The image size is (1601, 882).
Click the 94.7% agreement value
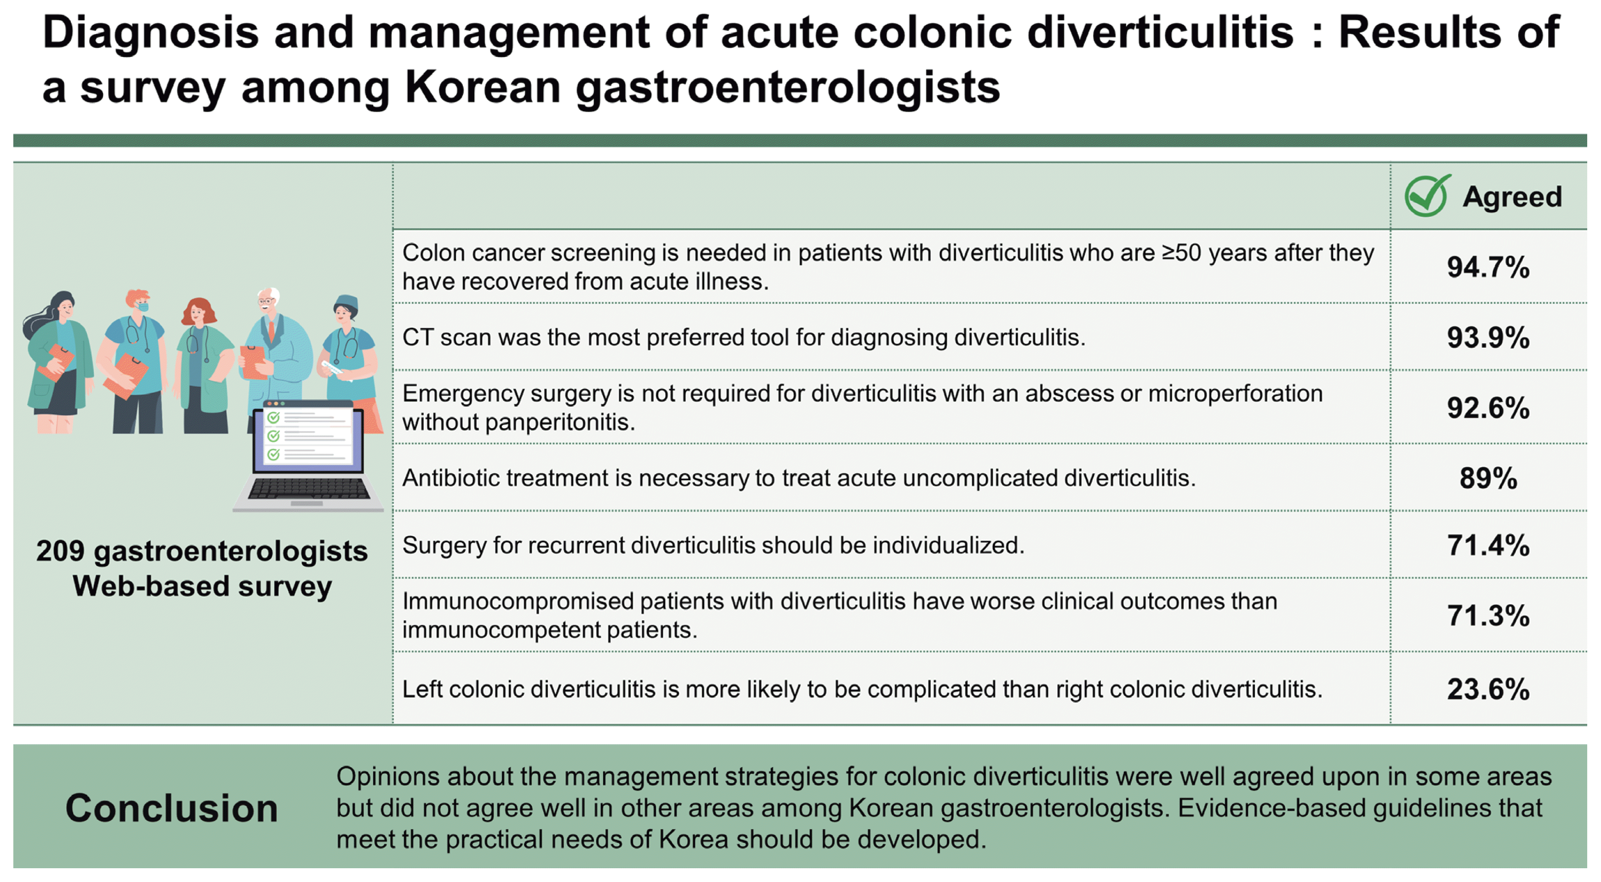(1487, 267)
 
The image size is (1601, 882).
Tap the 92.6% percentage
(1487, 408)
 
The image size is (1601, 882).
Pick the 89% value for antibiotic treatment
(1487, 478)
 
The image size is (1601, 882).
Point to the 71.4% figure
(1487, 545)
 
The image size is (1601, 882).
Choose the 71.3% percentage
(1487, 616)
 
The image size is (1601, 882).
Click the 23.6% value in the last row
(1487, 689)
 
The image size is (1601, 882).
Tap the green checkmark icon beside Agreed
(1427, 196)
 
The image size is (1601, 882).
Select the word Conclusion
(171, 808)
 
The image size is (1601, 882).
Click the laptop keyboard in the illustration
(309, 489)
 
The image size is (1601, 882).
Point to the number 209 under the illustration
(60, 551)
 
